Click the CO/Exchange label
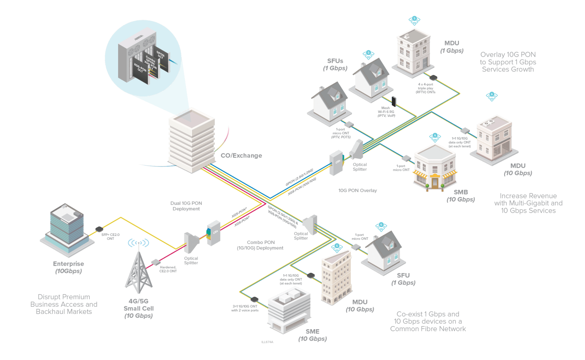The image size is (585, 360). [x=241, y=156]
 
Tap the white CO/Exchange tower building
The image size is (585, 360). [x=191, y=141]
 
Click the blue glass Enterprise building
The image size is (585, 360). [x=67, y=228]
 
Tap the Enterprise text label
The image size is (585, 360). [x=69, y=264]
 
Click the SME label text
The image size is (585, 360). [x=312, y=331]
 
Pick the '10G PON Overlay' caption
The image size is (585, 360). [x=357, y=190]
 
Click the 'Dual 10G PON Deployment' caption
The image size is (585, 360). [x=186, y=206]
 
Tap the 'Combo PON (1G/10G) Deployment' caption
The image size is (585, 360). [x=261, y=245]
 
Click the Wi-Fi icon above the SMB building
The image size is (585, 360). [x=435, y=137]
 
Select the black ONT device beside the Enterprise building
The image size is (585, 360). [x=99, y=229]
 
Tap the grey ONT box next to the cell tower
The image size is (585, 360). [x=155, y=262]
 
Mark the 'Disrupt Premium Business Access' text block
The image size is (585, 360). [x=64, y=304]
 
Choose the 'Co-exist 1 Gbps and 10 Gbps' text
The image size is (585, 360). [x=428, y=322]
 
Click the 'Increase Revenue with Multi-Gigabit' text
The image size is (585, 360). [x=528, y=203]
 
